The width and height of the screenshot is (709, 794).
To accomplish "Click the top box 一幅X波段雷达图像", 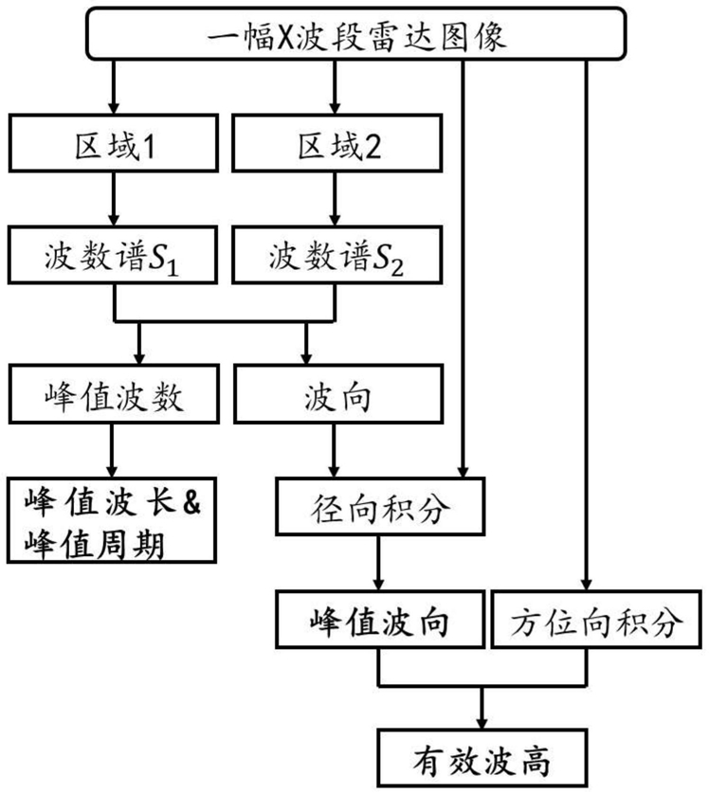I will pos(355,37).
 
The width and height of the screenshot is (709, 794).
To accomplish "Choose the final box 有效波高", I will pos(483,759).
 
